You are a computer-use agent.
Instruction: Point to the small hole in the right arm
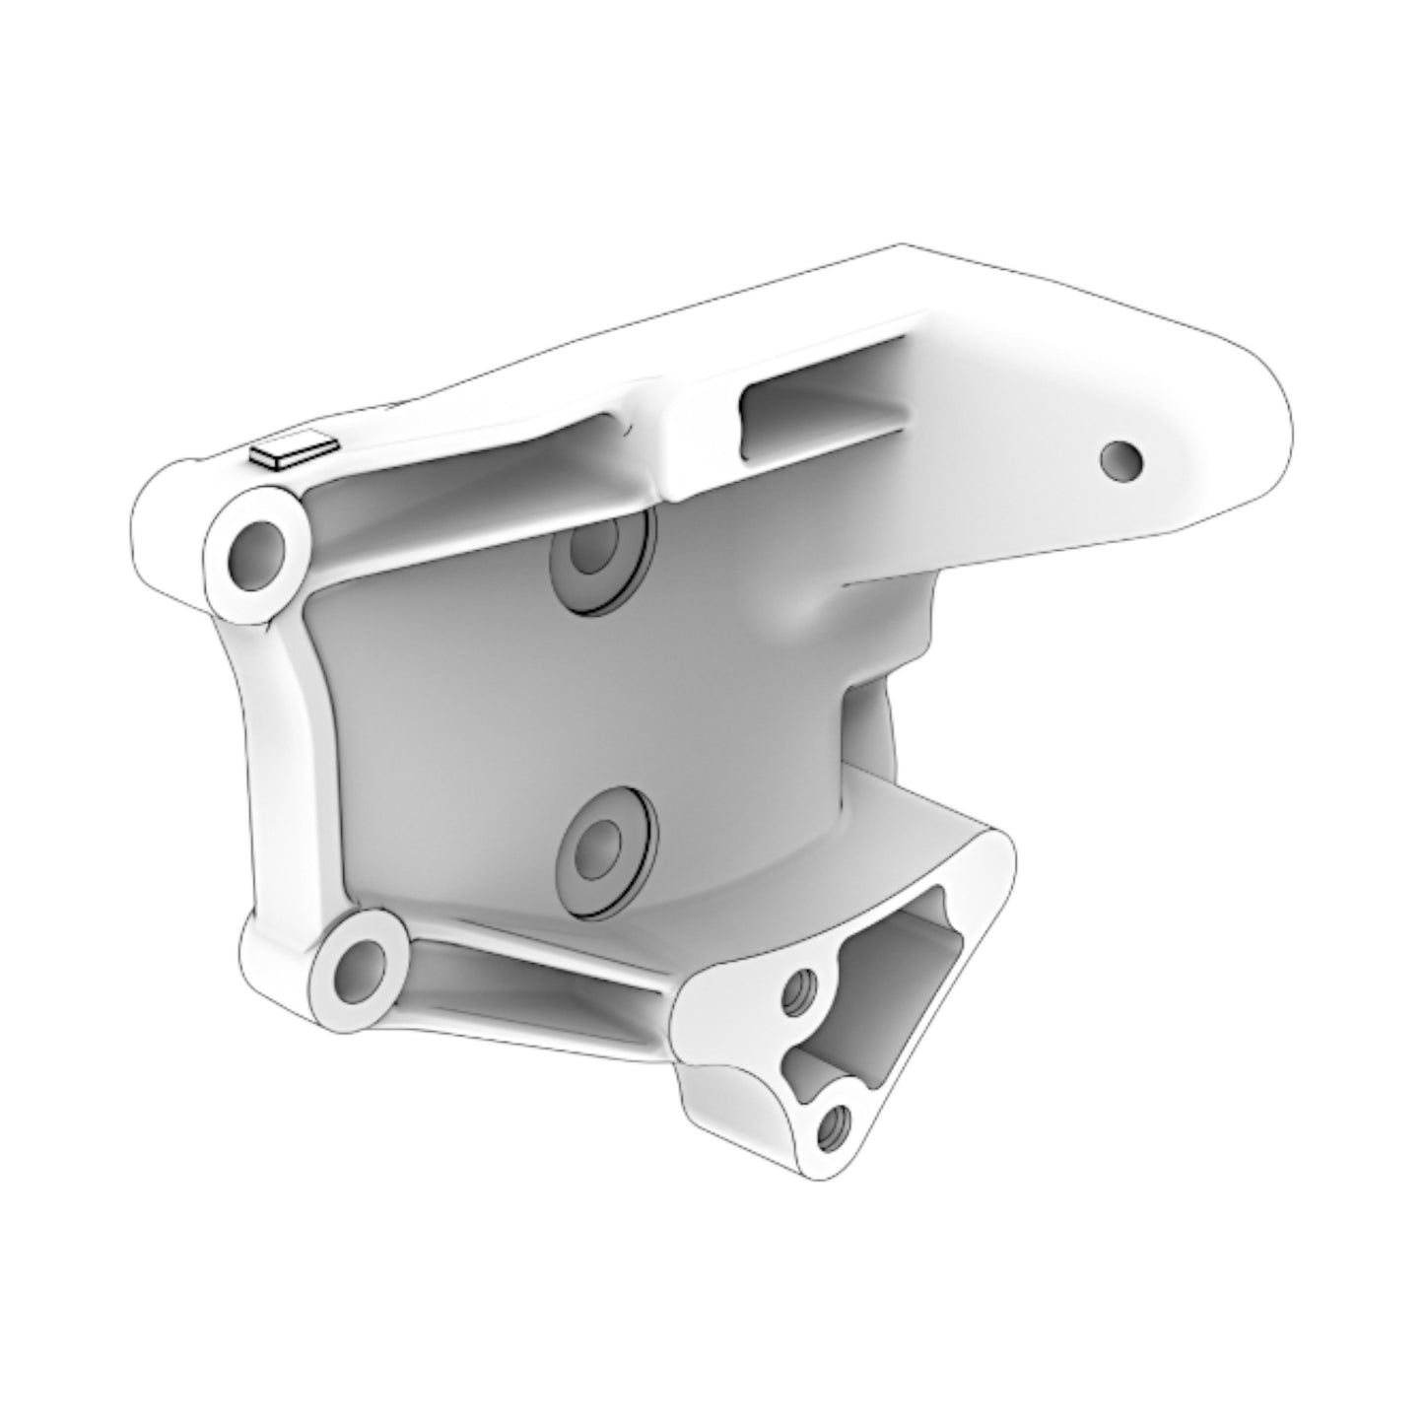[x=1121, y=458]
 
